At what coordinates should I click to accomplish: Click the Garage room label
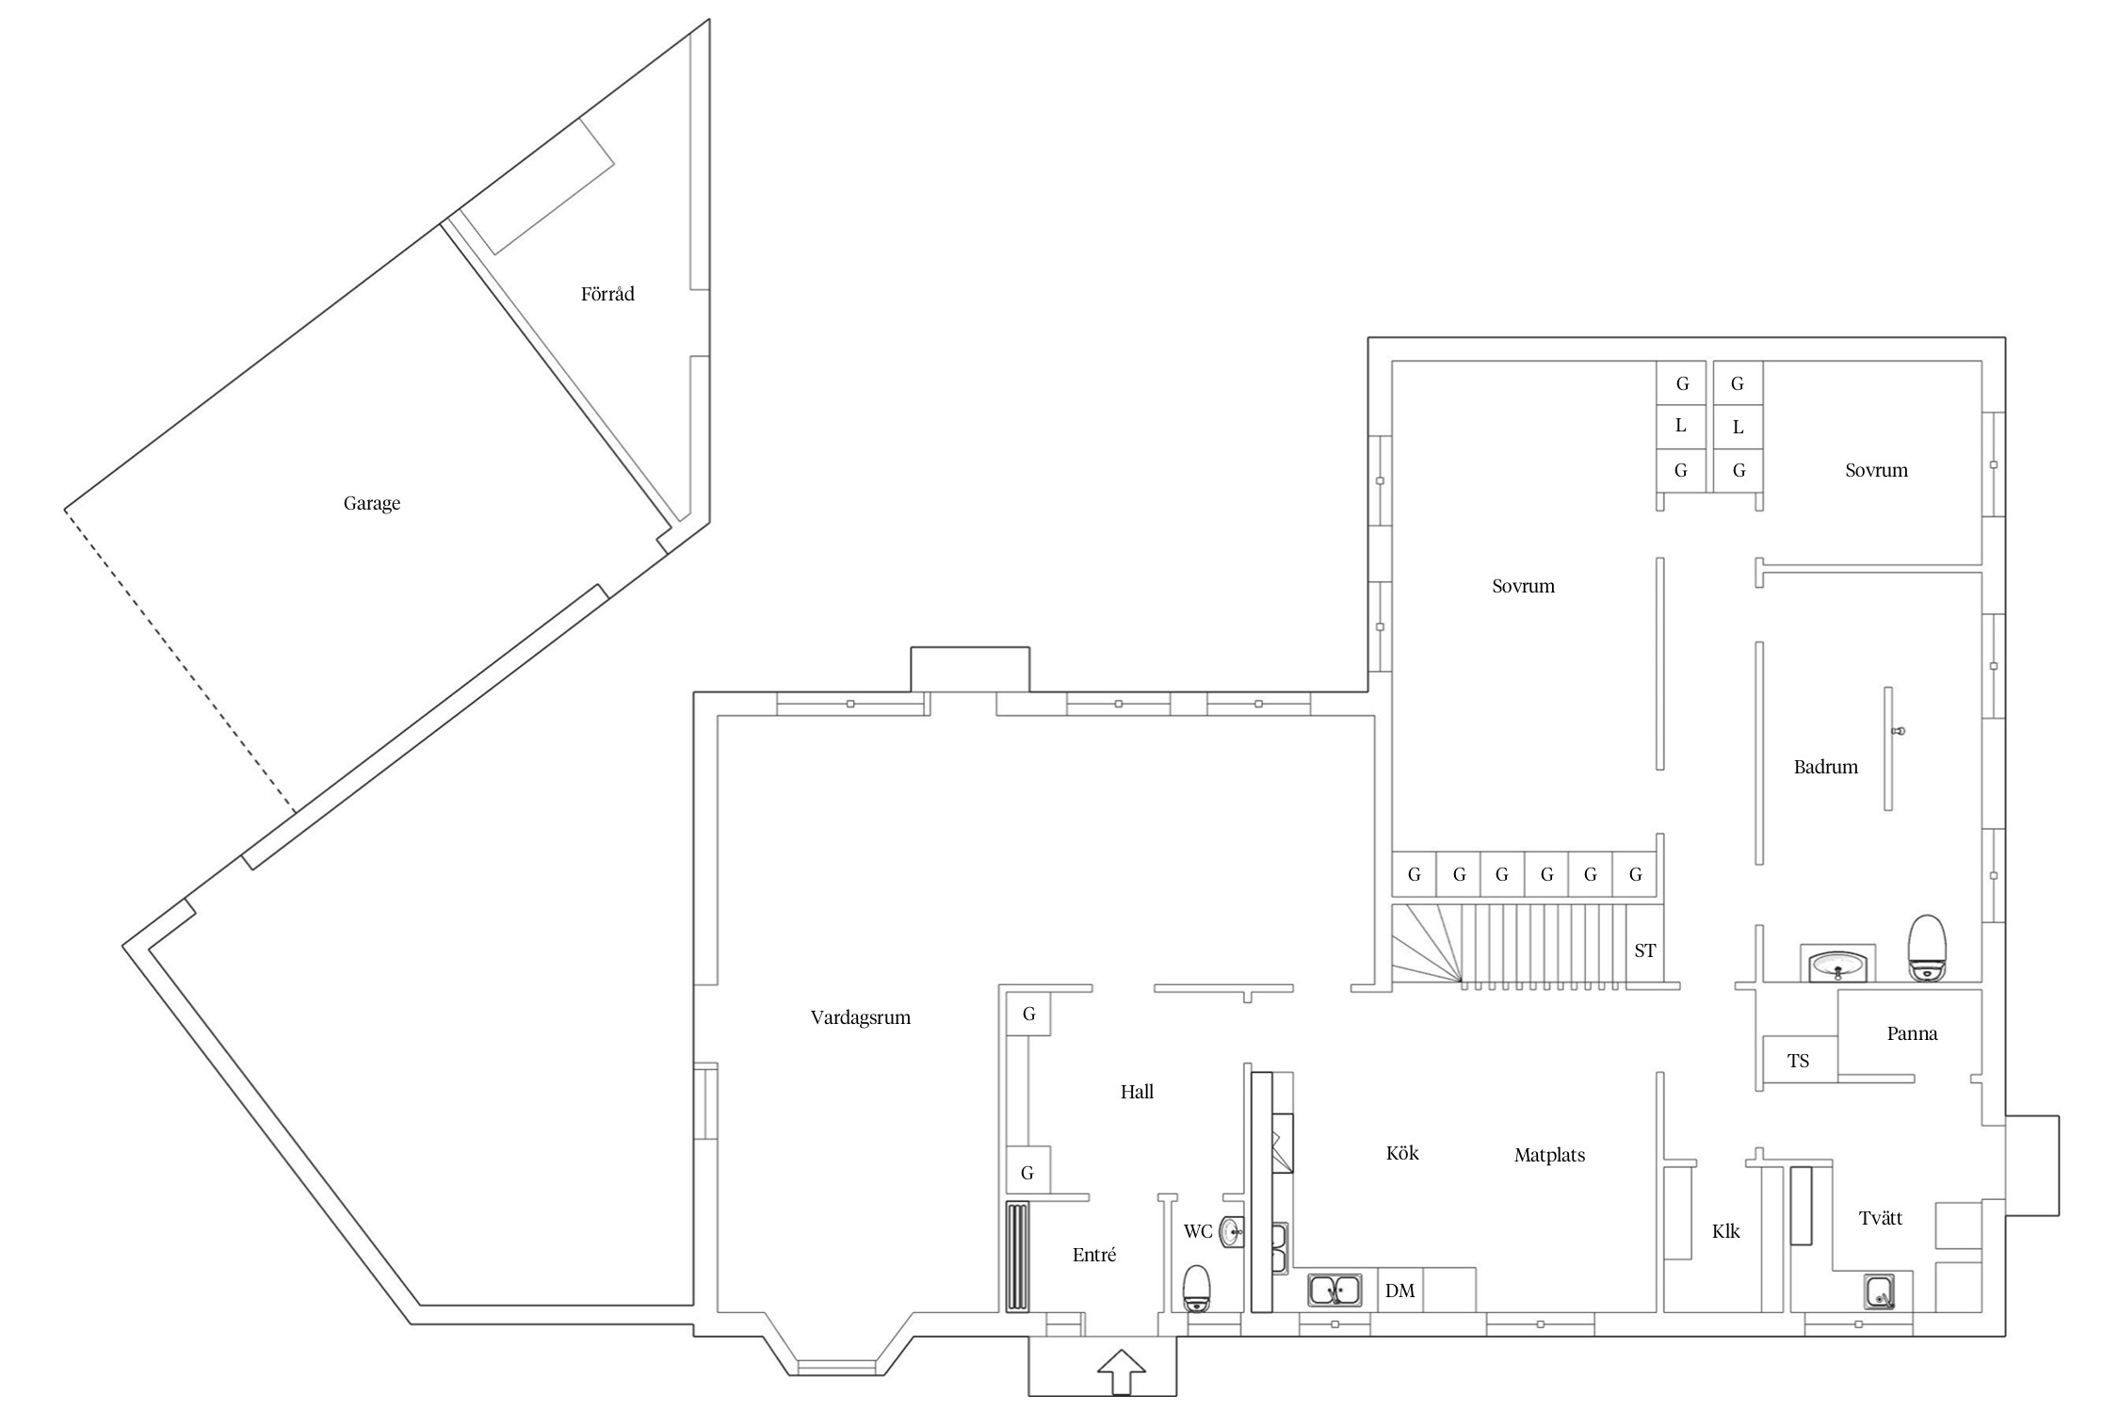point(372,503)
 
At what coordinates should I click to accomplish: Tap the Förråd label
point(607,294)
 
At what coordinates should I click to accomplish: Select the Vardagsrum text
point(861,1017)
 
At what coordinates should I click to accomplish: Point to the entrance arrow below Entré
point(1122,1371)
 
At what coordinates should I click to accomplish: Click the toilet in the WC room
point(1196,1288)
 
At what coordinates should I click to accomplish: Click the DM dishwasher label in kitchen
point(1399,1291)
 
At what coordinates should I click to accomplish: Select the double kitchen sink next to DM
point(1334,1290)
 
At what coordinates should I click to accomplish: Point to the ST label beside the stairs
point(1644,950)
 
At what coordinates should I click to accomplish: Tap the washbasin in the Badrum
point(1837,965)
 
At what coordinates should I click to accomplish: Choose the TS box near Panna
point(1799,1061)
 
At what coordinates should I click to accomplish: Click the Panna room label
point(1912,1033)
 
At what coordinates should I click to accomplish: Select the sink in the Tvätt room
point(1880,1291)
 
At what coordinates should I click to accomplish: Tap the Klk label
point(1725,1231)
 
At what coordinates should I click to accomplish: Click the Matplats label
point(1549,1155)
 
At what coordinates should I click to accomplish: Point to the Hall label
point(1137,1092)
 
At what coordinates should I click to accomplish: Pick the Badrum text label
point(1825,767)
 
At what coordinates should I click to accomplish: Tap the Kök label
point(1402,1153)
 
